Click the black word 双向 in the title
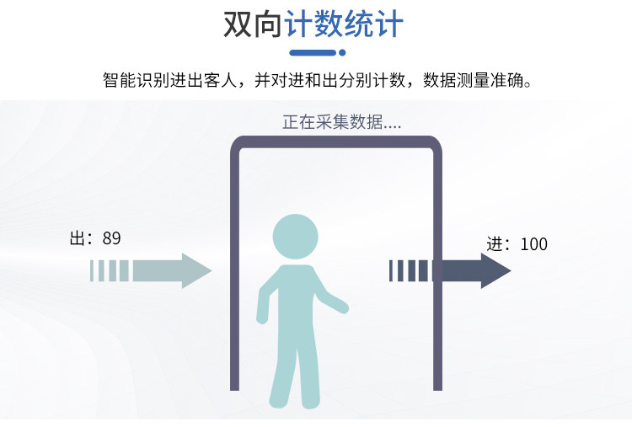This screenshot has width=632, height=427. pos(252,24)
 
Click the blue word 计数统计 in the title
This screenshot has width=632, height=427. pos(344,24)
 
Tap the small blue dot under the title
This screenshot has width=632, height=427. pos(342,52)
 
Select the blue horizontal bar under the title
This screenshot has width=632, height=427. pos(313,52)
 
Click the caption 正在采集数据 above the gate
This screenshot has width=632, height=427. pos(332,122)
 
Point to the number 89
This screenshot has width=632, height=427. pos(111,238)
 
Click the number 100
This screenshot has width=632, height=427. pos(534,244)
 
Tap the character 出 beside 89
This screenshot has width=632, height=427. pos(77,238)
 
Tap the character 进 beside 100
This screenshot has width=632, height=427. pos(494,244)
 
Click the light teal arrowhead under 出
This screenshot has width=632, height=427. pos(195,270)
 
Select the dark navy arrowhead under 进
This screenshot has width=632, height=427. pos(494,270)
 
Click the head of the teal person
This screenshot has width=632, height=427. pos(296,237)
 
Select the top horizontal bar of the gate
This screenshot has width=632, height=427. pos(336,141)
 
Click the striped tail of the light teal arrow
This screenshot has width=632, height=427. pos(110,270)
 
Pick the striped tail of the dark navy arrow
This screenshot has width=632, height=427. pos(410,270)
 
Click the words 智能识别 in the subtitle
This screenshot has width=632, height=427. pos(136,80)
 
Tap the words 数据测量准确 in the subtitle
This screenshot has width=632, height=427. pos(473,80)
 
